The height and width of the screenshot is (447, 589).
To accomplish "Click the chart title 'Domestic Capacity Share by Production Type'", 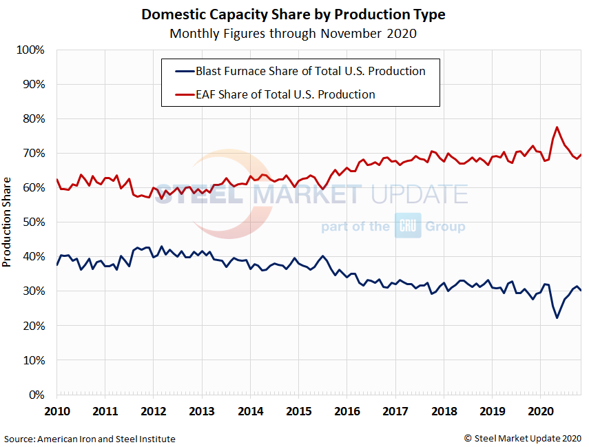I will [293, 14].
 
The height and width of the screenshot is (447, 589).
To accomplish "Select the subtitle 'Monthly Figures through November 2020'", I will [293, 33].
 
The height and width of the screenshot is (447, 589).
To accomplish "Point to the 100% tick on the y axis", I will [30, 50].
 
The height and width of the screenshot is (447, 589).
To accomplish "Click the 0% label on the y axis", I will [36, 395].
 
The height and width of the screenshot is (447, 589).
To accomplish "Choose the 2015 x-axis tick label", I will [298, 412].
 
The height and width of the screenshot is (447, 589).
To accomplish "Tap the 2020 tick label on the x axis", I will [540, 412].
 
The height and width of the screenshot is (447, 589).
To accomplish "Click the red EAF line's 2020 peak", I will [557, 127].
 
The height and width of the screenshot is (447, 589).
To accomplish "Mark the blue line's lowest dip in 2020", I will [557, 318].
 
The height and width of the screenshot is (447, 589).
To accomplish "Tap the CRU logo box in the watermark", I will [407, 226].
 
